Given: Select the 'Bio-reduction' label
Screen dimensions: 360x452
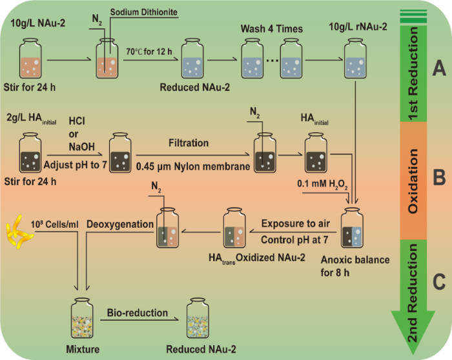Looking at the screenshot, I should (x=136, y=314).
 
